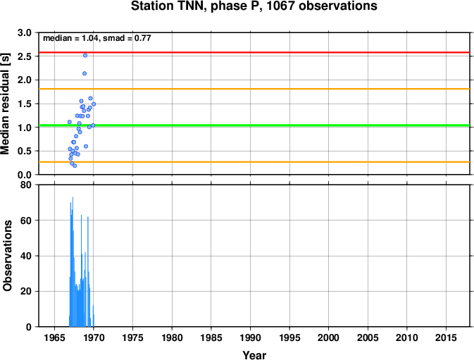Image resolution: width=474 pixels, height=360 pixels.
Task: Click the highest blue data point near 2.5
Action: tap(85, 56)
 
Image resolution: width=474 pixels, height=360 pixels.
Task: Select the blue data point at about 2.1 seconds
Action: tap(85, 73)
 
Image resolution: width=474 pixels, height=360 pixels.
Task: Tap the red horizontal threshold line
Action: tap(254, 53)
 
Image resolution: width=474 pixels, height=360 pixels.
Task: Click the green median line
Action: tap(254, 125)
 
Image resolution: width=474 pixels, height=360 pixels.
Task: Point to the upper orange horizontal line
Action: tap(254, 89)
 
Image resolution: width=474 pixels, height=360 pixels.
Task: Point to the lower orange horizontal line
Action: tap(254, 162)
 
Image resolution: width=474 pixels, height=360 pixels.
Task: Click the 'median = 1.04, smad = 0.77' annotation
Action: tap(97, 38)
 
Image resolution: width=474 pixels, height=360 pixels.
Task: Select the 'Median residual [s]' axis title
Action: tap(5, 104)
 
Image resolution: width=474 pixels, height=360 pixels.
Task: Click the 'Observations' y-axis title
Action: tap(7, 256)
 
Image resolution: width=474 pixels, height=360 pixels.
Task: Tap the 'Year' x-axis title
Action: tap(254, 355)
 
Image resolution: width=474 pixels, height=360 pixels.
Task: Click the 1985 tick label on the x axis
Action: tap(211, 337)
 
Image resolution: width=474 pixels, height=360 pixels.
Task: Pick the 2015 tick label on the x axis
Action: tap(446, 337)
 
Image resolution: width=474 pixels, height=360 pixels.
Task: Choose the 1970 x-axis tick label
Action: tap(94, 337)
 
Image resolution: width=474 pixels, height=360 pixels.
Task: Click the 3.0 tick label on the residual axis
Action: tap(25, 32)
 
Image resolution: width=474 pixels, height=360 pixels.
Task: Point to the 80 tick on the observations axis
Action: tap(26, 185)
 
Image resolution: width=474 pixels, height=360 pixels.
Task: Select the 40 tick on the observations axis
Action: tap(26, 256)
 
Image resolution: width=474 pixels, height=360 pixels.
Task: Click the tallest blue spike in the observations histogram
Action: tap(73, 262)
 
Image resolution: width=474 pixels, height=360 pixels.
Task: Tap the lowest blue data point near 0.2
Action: tap(75, 166)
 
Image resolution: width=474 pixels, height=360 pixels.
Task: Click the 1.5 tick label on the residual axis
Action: tap(25, 104)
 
